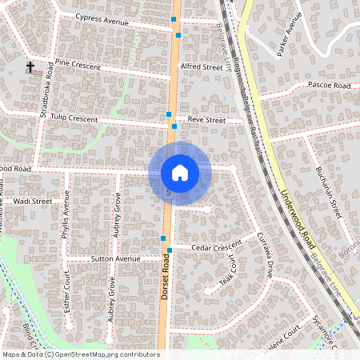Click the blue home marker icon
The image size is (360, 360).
pos(180,172)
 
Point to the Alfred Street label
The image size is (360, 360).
pos(202,67)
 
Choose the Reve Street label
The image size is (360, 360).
pos(207,119)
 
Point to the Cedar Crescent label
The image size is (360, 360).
pos(217,247)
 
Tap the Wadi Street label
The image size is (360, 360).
pos(33,202)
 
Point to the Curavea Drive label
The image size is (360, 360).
pos(266,254)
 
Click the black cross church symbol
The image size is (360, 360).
pos(30,67)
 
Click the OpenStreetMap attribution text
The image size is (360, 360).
pos(80,354)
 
